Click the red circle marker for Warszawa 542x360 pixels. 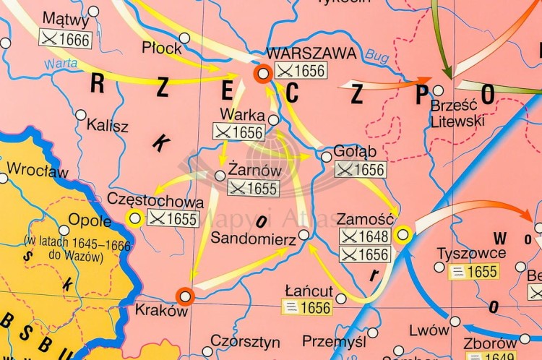(263, 72)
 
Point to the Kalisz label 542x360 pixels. (107, 126)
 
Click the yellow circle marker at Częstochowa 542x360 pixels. (134, 218)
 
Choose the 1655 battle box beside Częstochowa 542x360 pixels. (173, 218)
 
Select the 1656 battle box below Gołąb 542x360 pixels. (361, 170)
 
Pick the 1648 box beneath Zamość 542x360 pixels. (365, 236)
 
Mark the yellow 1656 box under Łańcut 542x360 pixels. (307, 308)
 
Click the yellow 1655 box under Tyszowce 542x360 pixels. (473, 272)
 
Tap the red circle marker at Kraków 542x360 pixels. (185, 296)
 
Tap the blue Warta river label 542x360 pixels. (61, 64)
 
